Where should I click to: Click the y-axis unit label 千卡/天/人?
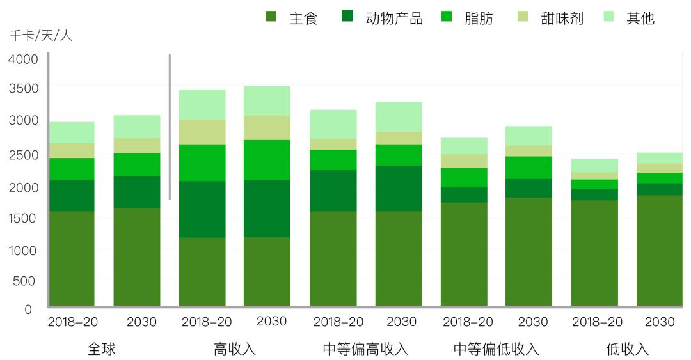point(40,36)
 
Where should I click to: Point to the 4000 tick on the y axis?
point(23,59)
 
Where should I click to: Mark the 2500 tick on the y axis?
point(23,155)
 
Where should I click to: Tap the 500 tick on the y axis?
point(23,280)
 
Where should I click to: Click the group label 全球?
point(102,349)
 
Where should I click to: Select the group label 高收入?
point(234,349)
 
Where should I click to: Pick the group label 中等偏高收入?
point(365,349)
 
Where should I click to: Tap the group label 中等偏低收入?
point(496,349)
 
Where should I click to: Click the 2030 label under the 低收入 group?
point(659,322)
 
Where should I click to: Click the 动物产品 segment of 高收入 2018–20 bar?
point(202,209)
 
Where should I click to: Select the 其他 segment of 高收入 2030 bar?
point(267,100)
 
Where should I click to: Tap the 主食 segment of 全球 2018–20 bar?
point(72,258)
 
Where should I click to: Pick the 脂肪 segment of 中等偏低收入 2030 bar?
point(528,168)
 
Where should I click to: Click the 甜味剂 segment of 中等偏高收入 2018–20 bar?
point(333,144)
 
